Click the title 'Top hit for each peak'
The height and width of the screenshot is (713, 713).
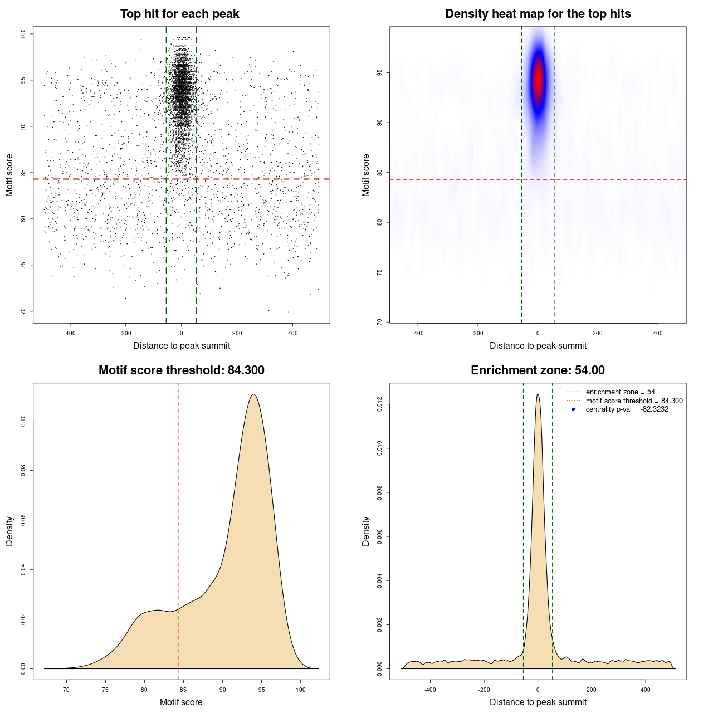179,14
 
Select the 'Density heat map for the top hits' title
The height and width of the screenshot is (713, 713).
538,14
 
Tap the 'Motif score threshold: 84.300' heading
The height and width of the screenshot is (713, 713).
181,370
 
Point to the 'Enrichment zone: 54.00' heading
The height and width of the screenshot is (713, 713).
538,370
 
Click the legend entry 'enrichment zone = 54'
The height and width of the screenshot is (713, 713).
620,392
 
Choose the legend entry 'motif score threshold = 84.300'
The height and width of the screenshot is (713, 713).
634,401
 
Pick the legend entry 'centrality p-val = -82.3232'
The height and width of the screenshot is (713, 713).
627,409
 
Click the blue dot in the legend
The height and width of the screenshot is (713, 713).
573,409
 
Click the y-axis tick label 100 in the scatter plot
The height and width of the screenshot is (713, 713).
23,34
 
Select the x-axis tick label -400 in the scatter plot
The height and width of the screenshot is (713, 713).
70,333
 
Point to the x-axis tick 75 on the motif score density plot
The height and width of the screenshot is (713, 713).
105,690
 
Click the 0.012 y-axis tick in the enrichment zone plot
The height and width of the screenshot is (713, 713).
380,404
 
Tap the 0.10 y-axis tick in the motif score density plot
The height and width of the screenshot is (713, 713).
23,421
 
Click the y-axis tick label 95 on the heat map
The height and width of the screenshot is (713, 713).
380,73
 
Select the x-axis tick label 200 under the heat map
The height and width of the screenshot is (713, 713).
598,333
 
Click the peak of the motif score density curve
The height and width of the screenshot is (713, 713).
253,394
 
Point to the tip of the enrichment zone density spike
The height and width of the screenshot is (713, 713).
538,394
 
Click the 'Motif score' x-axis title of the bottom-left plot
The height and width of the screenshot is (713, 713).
181,702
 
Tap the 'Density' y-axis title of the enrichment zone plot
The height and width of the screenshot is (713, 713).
366,531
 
